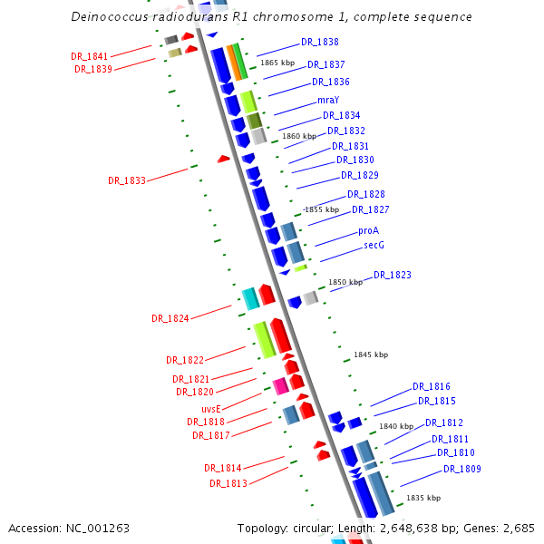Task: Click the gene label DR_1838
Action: click(320, 43)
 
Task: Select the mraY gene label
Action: click(327, 100)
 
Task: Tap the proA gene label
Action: click(368, 231)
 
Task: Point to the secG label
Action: click(374, 246)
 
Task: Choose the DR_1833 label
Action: click(126, 181)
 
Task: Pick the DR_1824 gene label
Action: click(170, 319)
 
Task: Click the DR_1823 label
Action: click(392, 276)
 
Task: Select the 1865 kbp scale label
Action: click(277, 63)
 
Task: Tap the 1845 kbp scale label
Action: click(370, 355)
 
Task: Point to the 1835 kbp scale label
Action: click(423, 499)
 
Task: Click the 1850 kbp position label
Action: click(345, 283)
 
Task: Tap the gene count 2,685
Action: click(517, 528)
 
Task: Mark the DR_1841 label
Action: click(89, 56)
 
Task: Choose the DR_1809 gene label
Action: click(461, 470)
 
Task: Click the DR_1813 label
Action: click(228, 483)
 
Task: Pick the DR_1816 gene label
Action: click(431, 387)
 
